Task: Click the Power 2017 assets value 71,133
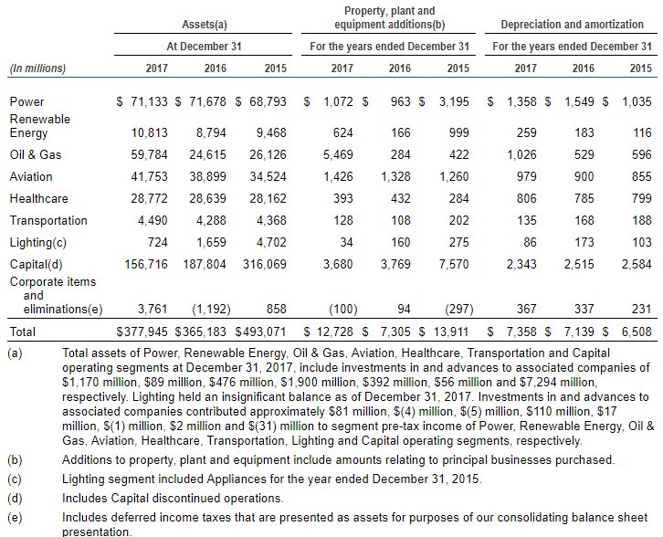[149, 102]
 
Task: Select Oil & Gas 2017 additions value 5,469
[338, 154]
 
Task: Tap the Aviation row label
[31, 177]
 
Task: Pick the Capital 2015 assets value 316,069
[264, 265]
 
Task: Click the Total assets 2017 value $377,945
[142, 332]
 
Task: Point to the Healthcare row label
[39, 199]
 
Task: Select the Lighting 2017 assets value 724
[157, 243]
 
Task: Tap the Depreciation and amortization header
[572, 25]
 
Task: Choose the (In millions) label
[37, 68]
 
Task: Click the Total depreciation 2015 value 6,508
[637, 332]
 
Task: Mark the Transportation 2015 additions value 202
[458, 221]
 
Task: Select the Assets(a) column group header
[205, 25]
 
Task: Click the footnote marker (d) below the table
[15, 499]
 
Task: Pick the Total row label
[23, 332]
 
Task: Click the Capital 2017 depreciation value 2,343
[521, 265]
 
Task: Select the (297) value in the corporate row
[458, 310]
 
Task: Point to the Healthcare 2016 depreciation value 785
[584, 199]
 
